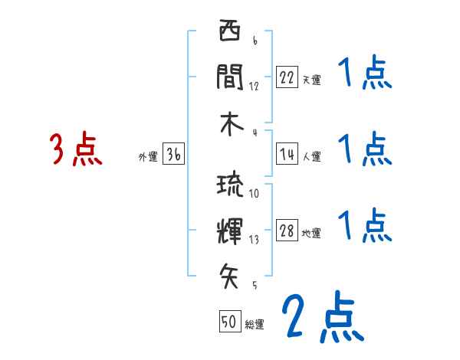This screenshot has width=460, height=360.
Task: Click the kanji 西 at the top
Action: pyautogui.click(x=229, y=34)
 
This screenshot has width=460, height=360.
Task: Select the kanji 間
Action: pyautogui.click(x=229, y=76)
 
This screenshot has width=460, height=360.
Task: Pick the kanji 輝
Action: pyautogui.click(x=229, y=229)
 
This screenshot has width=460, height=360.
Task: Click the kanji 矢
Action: pyautogui.click(x=229, y=274)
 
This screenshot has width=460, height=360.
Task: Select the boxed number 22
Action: pyautogui.click(x=287, y=77)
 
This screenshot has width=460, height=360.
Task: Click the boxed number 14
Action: pyautogui.click(x=287, y=155)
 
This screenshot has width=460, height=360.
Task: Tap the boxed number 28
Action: pyautogui.click(x=287, y=231)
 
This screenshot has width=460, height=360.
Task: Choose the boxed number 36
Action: pyautogui.click(x=173, y=155)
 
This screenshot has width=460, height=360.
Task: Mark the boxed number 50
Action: pyautogui.click(x=229, y=322)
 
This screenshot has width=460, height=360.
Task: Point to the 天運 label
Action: pyautogui.click(x=311, y=80)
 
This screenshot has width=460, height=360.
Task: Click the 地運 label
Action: pyautogui.click(x=311, y=234)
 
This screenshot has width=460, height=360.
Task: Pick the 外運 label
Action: pyautogui.click(x=148, y=157)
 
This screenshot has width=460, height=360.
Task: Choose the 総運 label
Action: pyautogui.click(x=255, y=324)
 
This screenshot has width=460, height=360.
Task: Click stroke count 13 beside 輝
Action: pyautogui.click(x=254, y=241)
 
